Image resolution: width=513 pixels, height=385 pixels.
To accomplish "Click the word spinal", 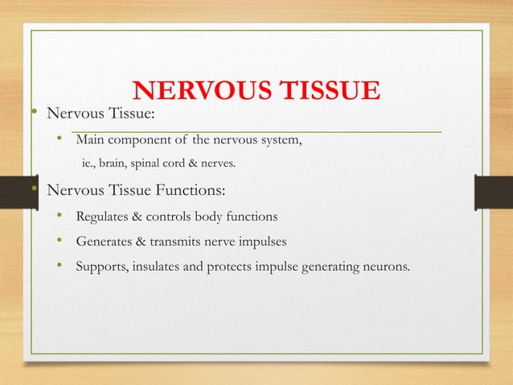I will click(153, 164).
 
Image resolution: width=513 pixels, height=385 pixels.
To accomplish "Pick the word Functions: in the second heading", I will click(189, 192).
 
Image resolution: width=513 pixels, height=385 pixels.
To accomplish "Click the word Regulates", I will click(103, 217).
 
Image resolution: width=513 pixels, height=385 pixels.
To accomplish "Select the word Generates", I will click(105, 241).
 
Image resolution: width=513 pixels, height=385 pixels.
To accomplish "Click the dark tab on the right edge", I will click(494, 194).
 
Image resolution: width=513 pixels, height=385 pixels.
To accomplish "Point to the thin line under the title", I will click(257, 130).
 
